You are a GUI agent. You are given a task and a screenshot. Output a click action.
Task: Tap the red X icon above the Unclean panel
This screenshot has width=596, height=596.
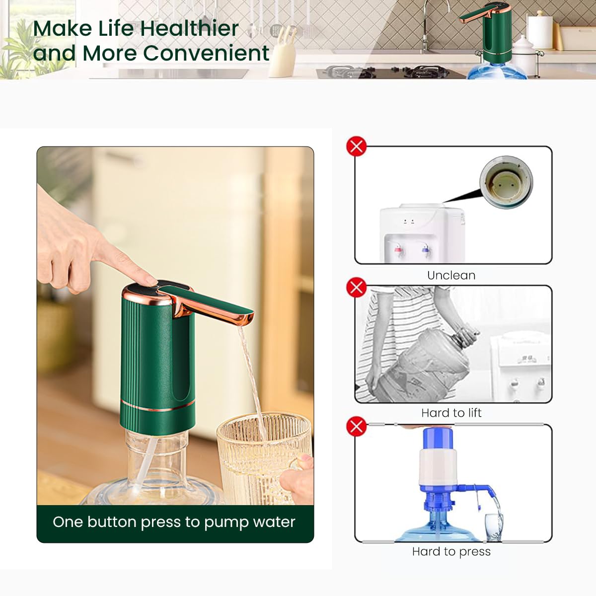point(356,147)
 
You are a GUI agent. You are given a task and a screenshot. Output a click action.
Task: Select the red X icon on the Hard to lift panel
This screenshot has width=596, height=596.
point(356,288)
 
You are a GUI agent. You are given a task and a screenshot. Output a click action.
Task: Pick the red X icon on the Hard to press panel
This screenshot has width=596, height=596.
point(356,426)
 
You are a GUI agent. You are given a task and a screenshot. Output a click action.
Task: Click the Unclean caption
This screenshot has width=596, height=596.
point(451,275)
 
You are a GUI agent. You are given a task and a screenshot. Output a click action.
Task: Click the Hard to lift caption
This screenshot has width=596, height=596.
point(451,413)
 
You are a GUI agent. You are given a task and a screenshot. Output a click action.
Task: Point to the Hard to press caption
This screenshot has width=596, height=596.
point(451,551)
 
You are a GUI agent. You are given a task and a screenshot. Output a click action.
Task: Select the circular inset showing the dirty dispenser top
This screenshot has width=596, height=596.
point(506,182)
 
